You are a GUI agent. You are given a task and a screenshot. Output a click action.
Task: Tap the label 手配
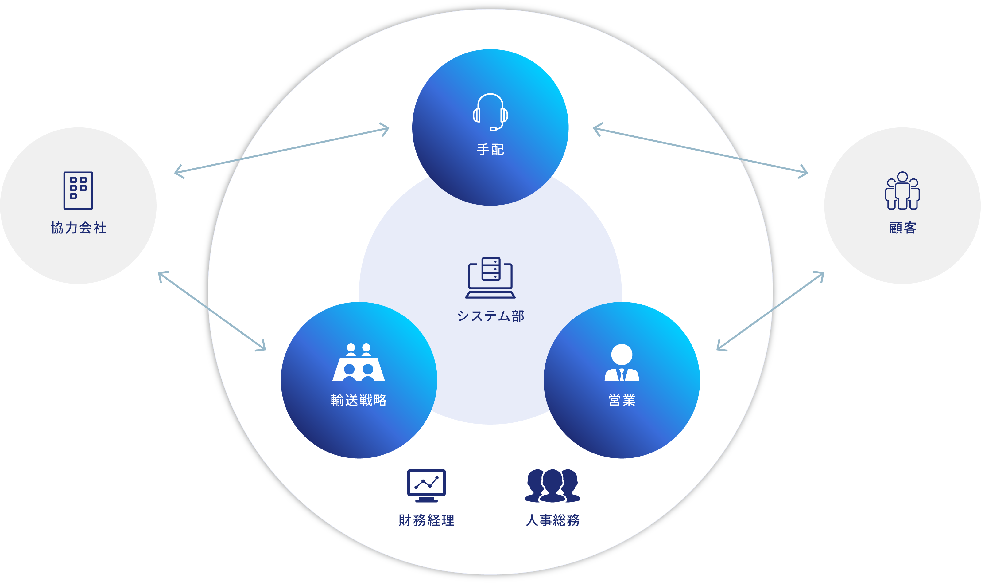coord(490,150)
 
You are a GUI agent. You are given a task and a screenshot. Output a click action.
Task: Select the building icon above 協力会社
coord(78,190)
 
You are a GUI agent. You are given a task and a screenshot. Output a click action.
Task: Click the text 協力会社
coord(78,228)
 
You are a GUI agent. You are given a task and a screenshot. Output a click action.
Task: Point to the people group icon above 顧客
coord(902,190)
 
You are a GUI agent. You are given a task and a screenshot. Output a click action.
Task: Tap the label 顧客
coord(903,228)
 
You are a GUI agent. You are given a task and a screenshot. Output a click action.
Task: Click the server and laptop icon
coord(490,278)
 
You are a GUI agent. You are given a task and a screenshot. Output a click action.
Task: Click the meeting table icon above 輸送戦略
coord(359,363)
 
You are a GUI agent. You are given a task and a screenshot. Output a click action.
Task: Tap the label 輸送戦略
coord(359,400)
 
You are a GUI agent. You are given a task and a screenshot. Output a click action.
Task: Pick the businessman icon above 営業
coord(622,363)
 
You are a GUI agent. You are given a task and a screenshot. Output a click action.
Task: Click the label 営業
coord(622,400)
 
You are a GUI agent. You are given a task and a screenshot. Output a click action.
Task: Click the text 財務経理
coord(426,520)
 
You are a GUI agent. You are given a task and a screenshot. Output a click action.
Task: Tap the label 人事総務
coord(553,520)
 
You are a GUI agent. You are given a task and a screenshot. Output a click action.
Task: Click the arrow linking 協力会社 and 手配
coord(281,150)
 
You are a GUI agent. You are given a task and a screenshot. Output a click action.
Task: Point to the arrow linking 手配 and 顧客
coord(700,150)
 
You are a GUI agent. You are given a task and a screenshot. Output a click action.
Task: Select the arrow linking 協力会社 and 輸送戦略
coord(212,311)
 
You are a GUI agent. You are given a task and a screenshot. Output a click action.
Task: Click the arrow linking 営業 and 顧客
coord(770,311)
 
